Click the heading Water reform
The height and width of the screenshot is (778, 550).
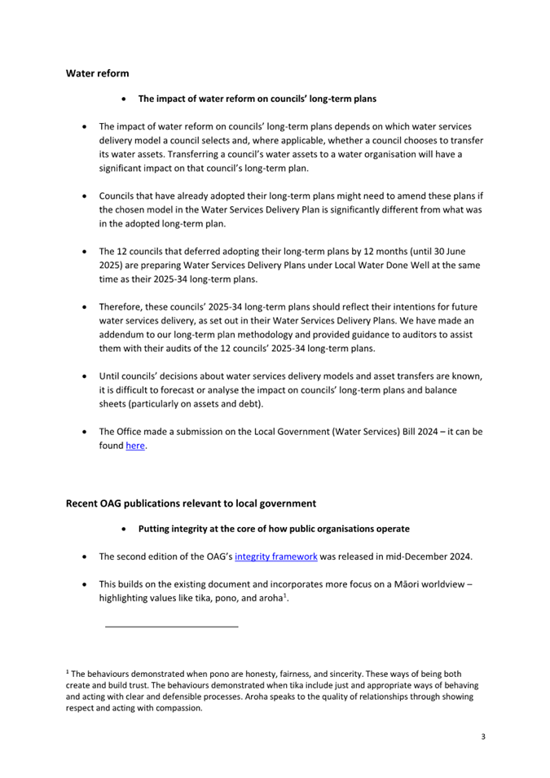click(97, 74)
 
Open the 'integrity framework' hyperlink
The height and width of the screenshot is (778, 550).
click(271, 556)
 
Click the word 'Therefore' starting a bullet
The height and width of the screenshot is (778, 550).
click(122, 306)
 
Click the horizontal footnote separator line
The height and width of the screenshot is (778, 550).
click(172, 626)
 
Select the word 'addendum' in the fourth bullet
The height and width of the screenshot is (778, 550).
click(124, 334)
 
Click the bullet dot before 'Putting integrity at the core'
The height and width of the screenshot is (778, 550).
click(122, 529)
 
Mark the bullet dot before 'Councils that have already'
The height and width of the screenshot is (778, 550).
click(86, 196)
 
